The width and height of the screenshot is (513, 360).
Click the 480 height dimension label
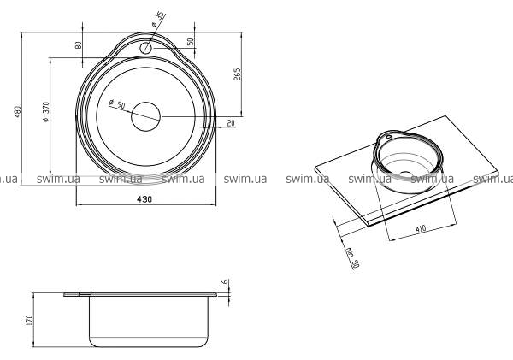click(x=18, y=112)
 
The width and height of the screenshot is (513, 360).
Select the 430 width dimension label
click(x=144, y=199)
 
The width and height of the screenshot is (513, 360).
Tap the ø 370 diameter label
click(x=46, y=112)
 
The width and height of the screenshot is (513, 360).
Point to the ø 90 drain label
click(x=117, y=104)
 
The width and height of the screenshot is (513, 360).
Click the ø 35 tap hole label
click(x=157, y=21)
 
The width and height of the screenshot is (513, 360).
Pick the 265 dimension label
click(x=237, y=74)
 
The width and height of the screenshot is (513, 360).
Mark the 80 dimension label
click(x=79, y=44)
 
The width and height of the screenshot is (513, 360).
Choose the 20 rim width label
click(x=231, y=123)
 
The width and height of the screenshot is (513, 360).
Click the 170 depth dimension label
click(x=30, y=320)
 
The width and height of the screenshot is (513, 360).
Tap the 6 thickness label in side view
click(x=224, y=282)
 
